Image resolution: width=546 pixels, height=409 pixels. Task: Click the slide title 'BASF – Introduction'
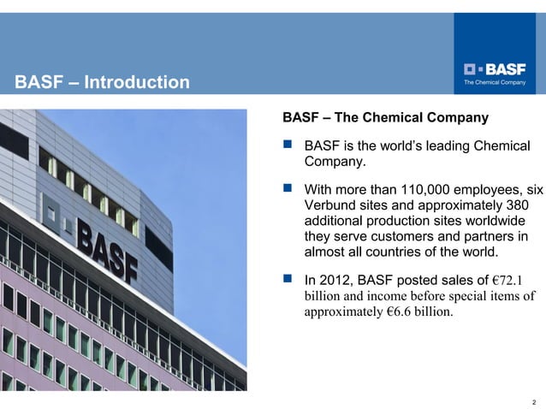click(103, 83)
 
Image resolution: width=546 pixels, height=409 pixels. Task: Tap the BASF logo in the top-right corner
click(495, 68)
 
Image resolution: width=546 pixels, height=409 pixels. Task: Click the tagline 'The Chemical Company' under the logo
click(495, 83)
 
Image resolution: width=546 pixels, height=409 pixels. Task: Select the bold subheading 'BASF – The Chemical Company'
click(385, 117)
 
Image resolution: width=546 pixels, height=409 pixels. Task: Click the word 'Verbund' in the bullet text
click(329, 205)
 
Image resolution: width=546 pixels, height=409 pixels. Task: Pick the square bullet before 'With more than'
click(288, 189)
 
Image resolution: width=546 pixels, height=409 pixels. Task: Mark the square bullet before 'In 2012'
click(288, 279)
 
